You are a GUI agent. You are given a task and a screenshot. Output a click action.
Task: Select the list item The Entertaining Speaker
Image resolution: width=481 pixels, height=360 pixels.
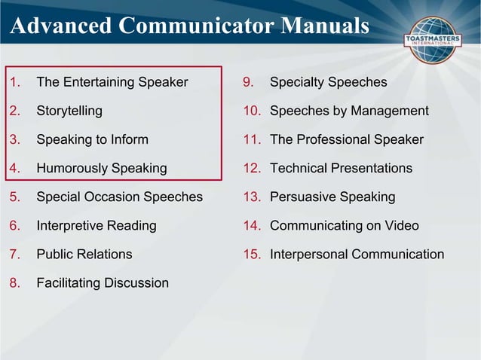tap(112, 82)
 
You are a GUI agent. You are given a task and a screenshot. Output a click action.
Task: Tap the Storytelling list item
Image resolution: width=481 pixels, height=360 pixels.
tap(69, 111)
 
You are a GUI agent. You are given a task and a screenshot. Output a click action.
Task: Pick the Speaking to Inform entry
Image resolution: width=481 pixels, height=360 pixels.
tap(92, 139)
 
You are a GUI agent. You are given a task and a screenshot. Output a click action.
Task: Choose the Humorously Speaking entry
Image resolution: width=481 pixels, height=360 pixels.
tap(102, 168)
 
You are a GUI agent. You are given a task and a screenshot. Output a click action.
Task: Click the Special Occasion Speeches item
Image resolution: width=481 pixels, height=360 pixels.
tap(119, 197)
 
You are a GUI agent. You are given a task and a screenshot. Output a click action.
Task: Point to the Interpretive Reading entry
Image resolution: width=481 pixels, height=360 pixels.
tap(97, 225)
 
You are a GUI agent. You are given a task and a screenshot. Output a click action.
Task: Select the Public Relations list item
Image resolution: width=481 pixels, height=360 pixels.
tap(84, 254)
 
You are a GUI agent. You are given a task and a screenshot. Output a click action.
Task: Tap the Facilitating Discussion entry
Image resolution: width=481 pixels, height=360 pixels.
tap(103, 282)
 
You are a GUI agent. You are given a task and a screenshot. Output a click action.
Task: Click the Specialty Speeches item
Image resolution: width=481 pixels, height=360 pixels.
tap(328, 82)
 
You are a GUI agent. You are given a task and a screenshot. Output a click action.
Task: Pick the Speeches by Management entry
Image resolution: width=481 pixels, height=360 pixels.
tap(349, 111)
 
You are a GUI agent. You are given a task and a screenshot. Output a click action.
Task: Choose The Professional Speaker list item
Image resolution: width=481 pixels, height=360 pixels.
tap(346, 139)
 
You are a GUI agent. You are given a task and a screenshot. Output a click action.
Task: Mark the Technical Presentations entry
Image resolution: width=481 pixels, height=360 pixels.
tap(341, 168)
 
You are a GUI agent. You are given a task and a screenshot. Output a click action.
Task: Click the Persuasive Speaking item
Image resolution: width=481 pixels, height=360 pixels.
tap(332, 197)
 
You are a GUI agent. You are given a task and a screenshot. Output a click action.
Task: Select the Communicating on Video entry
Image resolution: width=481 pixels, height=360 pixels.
tap(344, 225)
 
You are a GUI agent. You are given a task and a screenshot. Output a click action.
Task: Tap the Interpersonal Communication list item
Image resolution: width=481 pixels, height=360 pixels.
tap(357, 254)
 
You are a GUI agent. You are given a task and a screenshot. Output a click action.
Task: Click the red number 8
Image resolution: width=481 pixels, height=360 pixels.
tap(14, 282)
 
